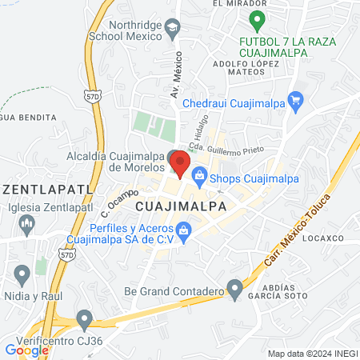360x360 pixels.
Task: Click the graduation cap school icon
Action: [x=172, y=30]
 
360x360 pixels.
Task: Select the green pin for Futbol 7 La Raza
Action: [x=257, y=19]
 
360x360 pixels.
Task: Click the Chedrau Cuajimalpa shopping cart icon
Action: [x=295, y=101]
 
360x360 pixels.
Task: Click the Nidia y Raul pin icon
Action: [x=22, y=276]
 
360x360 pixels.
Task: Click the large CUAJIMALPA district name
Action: [x=181, y=206]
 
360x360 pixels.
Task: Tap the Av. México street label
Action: [x=177, y=75]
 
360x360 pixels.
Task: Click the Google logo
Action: [x=26, y=350]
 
